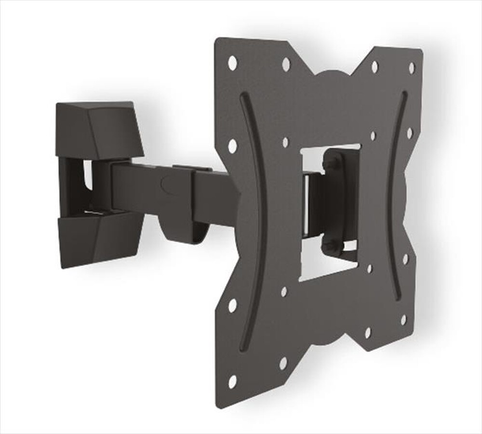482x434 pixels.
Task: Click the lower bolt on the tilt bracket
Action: tap(332, 246)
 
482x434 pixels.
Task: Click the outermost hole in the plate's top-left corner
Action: tap(232, 62)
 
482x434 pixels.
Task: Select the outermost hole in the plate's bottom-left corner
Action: tap(232, 381)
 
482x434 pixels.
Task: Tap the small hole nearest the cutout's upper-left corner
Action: tap(285, 142)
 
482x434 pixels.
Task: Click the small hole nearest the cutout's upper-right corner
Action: tap(373, 136)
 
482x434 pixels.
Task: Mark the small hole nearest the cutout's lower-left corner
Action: tap(284, 291)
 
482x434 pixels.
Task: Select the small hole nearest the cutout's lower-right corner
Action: tap(370, 269)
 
